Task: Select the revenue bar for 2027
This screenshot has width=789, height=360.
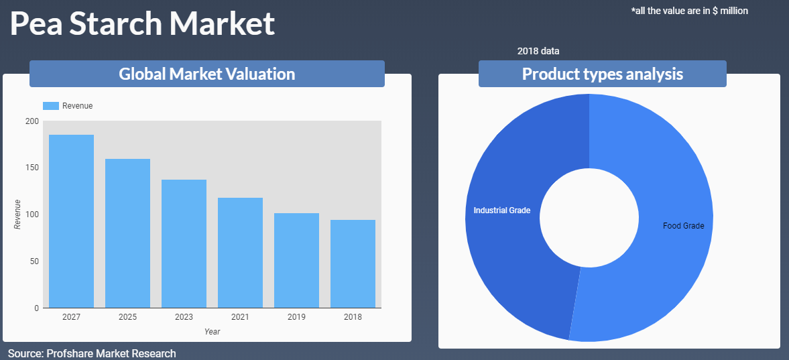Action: coord(71,221)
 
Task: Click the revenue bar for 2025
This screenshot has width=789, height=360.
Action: coord(127,233)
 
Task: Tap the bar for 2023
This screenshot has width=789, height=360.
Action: coord(184,244)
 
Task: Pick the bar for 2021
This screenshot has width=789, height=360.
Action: coord(240,253)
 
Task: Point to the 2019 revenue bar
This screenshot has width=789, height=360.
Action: coord(296,260)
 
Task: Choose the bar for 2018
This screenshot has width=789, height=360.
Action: coord(353,264)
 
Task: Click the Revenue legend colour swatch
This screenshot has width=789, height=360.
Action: coord(51,106)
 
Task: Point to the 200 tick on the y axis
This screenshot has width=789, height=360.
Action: coord(32,121)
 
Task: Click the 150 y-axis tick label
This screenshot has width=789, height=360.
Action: coord(32,168)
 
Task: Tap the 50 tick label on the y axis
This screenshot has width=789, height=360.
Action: coord(34,261)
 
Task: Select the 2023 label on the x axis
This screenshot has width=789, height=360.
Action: coord(184,318)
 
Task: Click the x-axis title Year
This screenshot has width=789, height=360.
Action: coord(212,332)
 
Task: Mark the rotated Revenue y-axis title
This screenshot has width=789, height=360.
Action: coord(17,215)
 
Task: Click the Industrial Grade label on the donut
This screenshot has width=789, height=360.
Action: coord(501,211)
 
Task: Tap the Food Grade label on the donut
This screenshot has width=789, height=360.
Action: coord(683,226)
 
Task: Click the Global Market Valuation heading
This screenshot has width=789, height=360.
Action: coord(207,74)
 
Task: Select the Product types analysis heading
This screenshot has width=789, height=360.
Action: coord(603,74)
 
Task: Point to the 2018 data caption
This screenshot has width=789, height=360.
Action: coord(538,51)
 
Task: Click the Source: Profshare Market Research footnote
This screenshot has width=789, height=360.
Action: coord(92,353)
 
